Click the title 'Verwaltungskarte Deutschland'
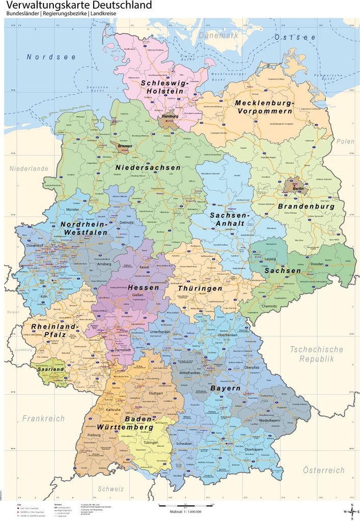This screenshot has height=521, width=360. (79, 6)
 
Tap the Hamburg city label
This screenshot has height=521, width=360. (169, 116)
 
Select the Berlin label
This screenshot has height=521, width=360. (298, 188)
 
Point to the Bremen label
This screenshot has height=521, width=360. (125, 146)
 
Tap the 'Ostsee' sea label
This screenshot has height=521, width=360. (295, 37)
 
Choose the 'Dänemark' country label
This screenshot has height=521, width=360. (218, 35)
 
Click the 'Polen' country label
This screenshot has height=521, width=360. (345, 141)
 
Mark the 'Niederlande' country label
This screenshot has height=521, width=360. (29, 168)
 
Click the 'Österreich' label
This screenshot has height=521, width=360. (324, 470)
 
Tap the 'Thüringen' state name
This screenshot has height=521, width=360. (200, 288)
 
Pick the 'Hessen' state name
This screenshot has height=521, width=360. (140, 287)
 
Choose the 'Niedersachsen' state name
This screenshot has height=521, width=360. (148, 167)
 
